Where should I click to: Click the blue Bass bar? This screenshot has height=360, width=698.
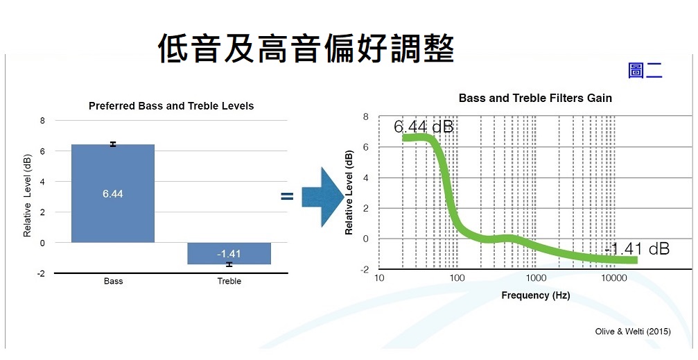112,194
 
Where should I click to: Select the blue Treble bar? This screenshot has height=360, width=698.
229,253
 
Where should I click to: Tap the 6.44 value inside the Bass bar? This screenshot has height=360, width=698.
112,194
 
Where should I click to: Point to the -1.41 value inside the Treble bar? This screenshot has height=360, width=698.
229,254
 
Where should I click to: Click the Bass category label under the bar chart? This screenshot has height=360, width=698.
113,281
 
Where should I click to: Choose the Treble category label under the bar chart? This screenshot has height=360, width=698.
229,281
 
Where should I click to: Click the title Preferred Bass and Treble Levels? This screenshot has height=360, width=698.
171,106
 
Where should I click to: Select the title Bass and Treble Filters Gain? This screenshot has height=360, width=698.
535,98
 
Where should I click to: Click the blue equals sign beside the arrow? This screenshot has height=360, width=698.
287,196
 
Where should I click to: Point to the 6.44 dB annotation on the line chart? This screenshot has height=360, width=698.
424,127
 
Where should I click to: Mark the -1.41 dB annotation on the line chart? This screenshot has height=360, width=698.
637,249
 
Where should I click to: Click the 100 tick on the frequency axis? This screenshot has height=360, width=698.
457,278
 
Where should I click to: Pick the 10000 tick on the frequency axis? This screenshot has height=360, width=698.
614,278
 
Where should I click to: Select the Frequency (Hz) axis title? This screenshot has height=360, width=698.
536,295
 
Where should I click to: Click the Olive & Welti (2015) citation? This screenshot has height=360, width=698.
633,332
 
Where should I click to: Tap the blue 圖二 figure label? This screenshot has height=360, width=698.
645,71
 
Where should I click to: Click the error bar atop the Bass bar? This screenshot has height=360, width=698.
113,144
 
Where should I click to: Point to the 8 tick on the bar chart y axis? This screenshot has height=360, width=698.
42,121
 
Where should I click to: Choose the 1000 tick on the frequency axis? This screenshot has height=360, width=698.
536,278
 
